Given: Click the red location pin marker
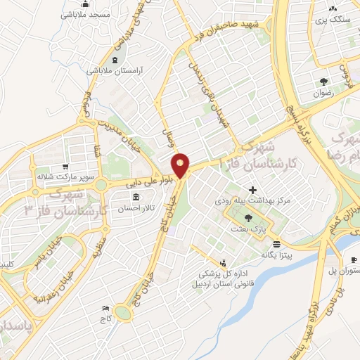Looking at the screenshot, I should coord(181,165).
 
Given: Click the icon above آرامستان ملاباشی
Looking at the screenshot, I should coord(115,59).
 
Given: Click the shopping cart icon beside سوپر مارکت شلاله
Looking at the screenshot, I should coord(65,167).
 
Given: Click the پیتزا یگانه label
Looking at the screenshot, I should coord(277,254).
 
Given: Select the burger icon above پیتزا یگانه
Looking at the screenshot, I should coord(277,243).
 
